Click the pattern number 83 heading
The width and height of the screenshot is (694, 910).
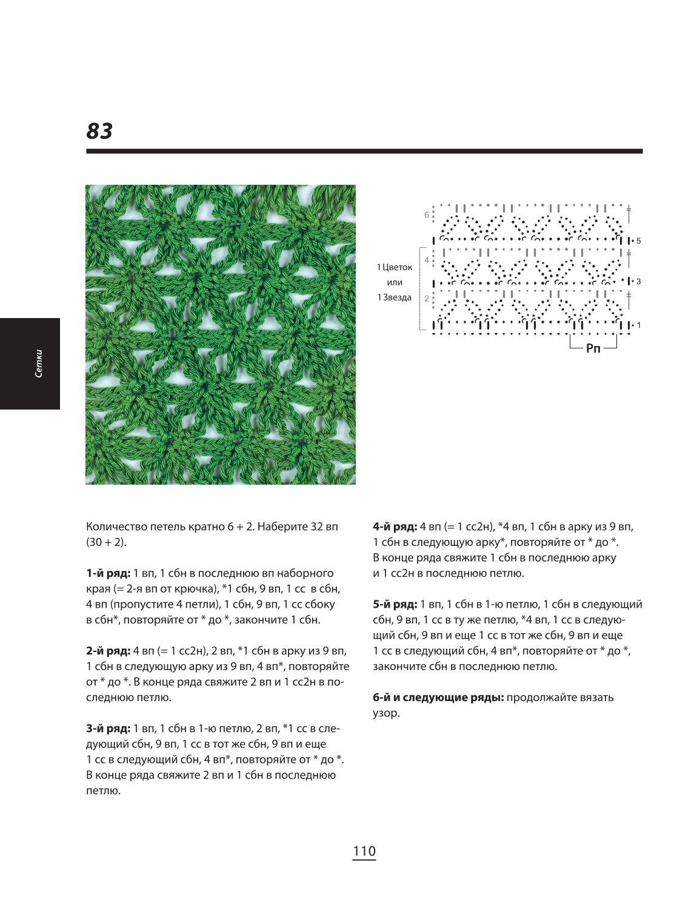click(99, 131)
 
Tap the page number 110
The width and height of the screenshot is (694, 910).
click(364, 851)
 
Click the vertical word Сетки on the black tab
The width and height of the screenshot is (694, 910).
click(39, 364)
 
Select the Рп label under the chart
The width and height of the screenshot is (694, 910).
click(593, 348)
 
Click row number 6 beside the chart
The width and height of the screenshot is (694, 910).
click(426, 214)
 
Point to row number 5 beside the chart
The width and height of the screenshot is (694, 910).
click(638, 241)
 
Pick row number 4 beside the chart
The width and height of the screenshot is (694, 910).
click(426, 261)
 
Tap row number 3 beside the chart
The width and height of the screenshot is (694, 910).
click(638, 282)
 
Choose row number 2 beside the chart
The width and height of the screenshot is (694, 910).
click(426, 299)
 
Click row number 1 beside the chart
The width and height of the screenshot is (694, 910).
click(638, 325)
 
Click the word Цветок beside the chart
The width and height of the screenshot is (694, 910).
click(397, 267)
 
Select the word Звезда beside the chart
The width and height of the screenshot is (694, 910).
click(397, 297)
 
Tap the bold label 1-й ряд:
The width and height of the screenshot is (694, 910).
click(108, 573)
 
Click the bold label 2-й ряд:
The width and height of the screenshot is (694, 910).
click(108, 651)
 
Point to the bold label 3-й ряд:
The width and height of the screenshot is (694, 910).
click(108, 728)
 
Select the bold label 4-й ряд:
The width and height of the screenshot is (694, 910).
click(395, 527)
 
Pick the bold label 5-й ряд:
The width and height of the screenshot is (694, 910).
click(395, 605)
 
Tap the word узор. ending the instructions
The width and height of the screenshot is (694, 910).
click(386, 714)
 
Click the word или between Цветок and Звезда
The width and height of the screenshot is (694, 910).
click(395, 282)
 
